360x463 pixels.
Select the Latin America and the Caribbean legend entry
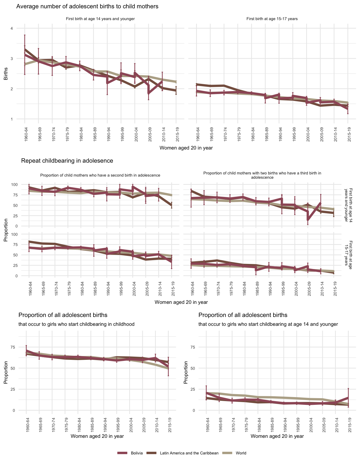(189, 453)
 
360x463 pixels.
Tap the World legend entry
(241, 453)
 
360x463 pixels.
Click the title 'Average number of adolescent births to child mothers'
(87, 6)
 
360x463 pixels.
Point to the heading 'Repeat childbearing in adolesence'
(67, 161)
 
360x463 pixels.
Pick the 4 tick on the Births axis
(12, 28)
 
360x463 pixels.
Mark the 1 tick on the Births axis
(12, 119)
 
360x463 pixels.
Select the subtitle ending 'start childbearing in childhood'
(76, 324)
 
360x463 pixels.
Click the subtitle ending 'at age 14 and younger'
(268, 324)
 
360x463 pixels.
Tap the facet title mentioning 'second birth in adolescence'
(100, 175)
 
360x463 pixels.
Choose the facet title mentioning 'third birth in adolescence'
(262, 175)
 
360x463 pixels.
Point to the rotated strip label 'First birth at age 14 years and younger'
(348, 205)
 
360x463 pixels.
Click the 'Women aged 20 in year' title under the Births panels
(186, 148)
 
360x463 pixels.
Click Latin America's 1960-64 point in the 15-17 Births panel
(197, 84)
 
